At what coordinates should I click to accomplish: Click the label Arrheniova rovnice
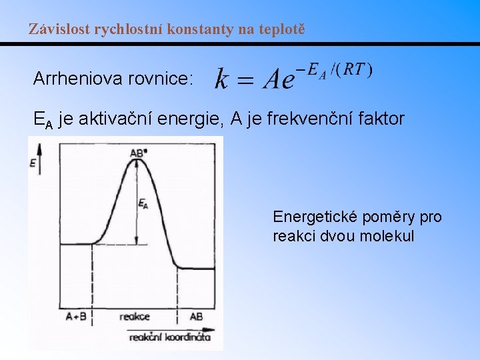tap(113, 79)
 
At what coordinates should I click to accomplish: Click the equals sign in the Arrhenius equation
tap(245, 81)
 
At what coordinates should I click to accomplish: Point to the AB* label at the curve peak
tap(138, 153)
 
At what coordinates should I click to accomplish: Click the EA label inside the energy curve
tap(143, 205)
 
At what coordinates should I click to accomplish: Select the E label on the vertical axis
tap(33, 162)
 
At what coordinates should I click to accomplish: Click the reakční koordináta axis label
tap(170, 337)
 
